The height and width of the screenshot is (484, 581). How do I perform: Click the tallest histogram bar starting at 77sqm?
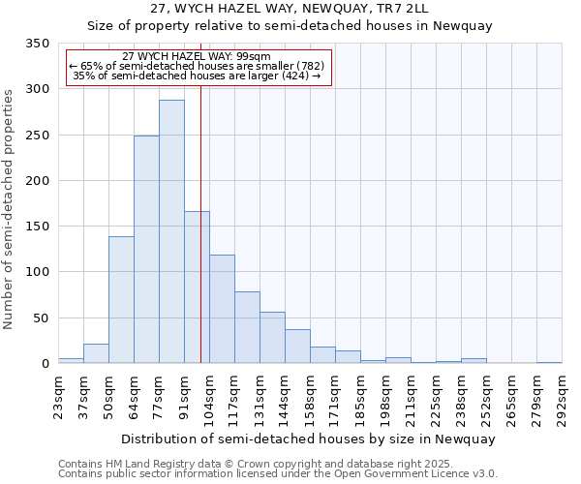click(171, 232)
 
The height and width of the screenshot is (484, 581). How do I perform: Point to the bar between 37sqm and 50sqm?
click(96, 354)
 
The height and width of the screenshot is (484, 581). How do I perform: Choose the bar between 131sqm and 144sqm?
click(272, 338)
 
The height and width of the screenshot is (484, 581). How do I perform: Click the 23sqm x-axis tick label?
click(58, 397)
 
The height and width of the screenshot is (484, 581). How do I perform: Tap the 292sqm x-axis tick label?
click(562, 397)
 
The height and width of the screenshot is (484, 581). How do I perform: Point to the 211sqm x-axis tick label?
click(411, 397)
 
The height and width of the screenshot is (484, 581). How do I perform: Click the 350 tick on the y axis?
click(38, 44)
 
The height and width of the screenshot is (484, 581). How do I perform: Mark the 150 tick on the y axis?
click(38, 227)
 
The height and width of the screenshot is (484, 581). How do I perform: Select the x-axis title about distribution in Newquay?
click(310, 439)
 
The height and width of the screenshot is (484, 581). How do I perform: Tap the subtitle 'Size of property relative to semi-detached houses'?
click(290, 26)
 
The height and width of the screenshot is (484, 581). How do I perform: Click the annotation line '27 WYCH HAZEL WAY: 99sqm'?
click(198, 57)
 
